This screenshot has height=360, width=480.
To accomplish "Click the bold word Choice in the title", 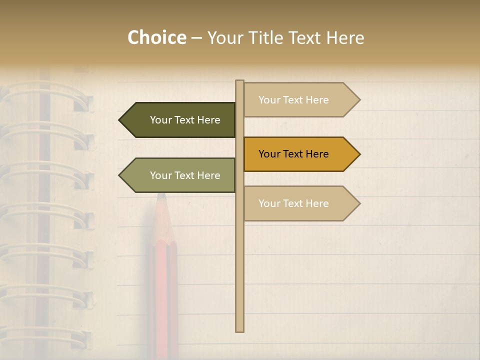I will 156,37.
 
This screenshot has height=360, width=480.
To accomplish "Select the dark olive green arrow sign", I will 180,120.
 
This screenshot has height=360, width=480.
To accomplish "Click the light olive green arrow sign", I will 180,175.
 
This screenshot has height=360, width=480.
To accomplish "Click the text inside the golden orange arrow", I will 293,154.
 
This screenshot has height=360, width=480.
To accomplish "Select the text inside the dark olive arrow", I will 185,120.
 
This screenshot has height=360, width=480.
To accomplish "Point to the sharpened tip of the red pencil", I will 161,195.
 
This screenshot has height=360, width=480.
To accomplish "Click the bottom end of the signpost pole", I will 239,330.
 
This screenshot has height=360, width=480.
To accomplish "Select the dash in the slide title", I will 196,38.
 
